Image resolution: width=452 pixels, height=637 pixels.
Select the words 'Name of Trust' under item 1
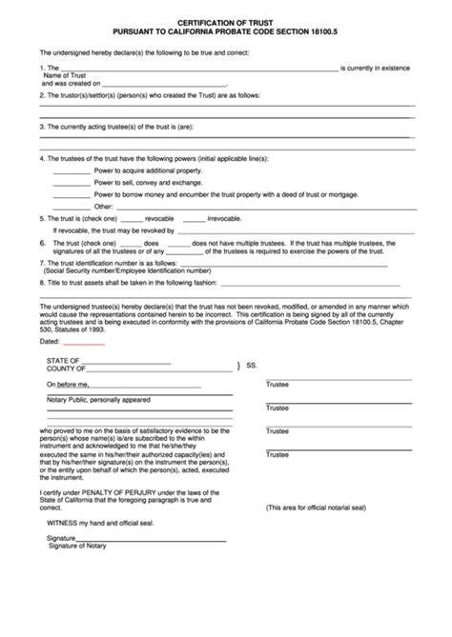click(x=65, y=74)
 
